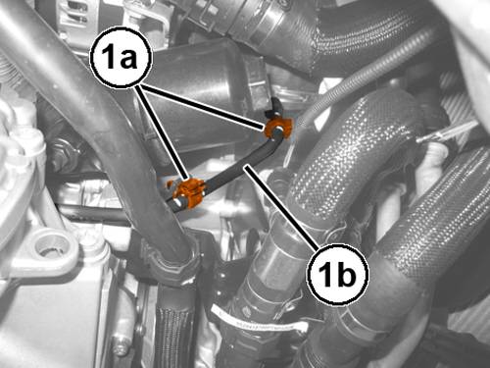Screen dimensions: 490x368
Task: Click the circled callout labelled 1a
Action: [122, 58]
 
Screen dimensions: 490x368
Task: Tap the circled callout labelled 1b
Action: [338, 274]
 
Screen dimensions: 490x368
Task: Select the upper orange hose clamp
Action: [278, 128]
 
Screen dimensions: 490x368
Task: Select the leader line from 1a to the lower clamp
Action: [163, 133]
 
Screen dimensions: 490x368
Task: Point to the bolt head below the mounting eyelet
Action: [122, 349]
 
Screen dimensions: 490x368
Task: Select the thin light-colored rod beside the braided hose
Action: [448, 131]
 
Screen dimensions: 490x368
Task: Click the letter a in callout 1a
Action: [127, 60]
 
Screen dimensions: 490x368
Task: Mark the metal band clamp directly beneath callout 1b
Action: [360, 322]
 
